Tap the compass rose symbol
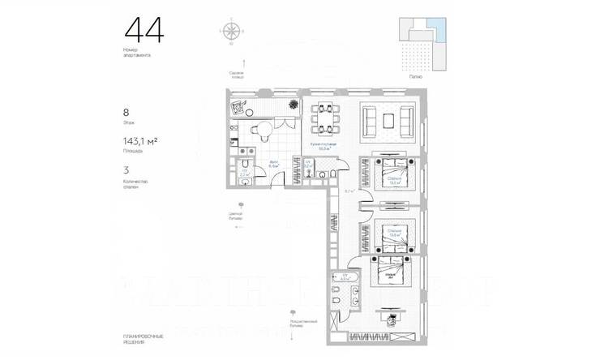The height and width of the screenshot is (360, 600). coord(232,31)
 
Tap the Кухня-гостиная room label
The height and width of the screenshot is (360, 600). coord(328,145)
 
